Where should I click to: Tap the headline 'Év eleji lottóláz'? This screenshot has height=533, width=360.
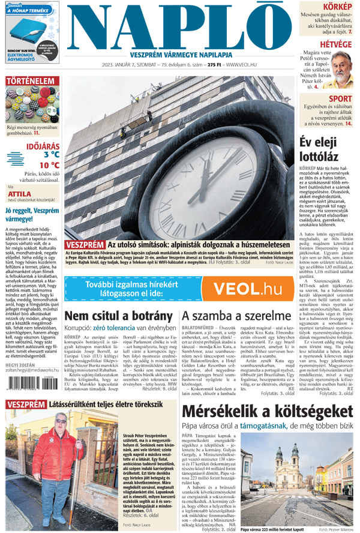point(325,150)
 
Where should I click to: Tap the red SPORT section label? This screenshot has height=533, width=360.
point(341,99)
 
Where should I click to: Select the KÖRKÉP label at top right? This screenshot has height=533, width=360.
point(338,7)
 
